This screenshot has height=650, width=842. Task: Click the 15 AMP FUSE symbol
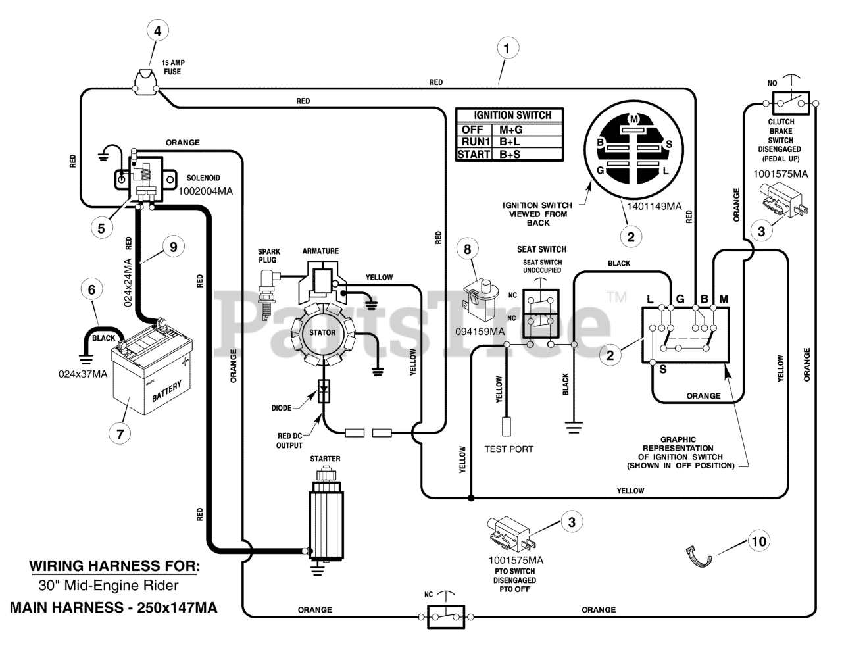click(145, 80)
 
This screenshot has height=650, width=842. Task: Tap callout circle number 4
click(158, 31)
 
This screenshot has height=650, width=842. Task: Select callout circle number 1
click(507, 49)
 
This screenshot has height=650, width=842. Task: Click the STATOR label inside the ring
click(322, 332)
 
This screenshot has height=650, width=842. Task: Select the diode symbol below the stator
click(324, 391)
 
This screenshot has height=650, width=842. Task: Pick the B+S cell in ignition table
click(510, 154)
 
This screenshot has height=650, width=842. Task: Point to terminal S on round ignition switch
click(669, 145)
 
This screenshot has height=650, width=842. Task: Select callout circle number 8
click(468, 249)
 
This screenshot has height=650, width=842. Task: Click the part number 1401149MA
click(654, 206)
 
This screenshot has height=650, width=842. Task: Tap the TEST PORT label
click(508, 449)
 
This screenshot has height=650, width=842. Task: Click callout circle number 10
click(758, 541)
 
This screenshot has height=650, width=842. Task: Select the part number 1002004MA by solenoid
click(205, 191)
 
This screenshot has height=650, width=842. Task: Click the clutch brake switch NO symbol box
click(791, 103)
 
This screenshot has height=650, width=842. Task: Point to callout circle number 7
click(120, 434)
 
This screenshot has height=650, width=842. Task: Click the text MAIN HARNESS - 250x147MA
click(114, 607)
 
